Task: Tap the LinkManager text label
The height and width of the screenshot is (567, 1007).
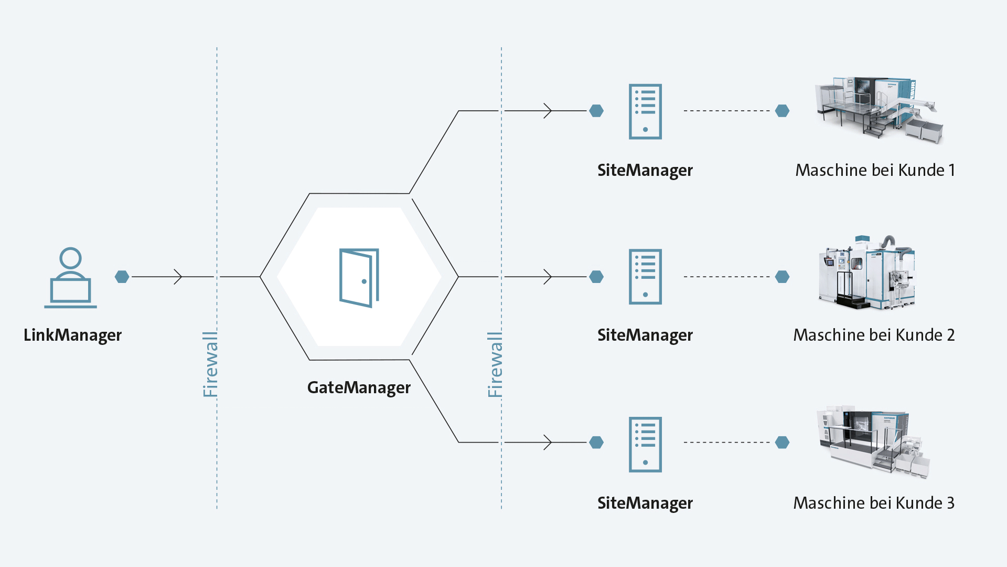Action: point(72,335)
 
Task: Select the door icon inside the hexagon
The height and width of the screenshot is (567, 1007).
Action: point(359,277)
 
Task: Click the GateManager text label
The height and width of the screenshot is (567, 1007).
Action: point(359,387)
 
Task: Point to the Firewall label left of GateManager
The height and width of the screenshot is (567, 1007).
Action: point(210,364)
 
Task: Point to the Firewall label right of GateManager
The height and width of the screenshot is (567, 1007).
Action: point(495,364)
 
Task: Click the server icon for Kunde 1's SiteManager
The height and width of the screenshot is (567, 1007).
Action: point(645,111)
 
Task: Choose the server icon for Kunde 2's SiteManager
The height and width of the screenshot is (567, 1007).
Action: point(645,277)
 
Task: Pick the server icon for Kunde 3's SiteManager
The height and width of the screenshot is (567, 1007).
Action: point(645,444)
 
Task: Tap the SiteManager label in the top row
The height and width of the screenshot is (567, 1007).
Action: point(645,170)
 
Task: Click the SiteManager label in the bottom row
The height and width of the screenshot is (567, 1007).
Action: point(645,503)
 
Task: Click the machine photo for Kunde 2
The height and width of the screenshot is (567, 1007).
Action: point(867,273)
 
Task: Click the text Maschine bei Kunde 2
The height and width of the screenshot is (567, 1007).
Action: point(874,335)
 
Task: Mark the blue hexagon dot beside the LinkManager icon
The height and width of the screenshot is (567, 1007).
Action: point(122,277)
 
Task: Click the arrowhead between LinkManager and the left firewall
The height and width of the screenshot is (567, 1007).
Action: point(178,277)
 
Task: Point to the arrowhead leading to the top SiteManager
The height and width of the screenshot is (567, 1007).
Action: point(548,111)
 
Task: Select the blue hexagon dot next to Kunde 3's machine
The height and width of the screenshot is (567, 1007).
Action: point(782,443)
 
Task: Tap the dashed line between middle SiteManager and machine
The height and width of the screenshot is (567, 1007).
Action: point(726,277)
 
